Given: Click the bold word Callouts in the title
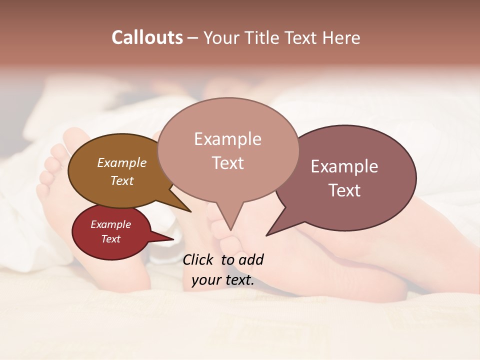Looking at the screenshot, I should pos(147,37).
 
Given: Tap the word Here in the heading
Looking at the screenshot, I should pos(339,37).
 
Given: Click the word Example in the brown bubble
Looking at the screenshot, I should pos(122,163).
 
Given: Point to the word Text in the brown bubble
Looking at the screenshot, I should pos(122,180).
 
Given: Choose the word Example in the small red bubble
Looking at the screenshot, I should pos(111,224).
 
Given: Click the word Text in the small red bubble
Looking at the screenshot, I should pos(111,239).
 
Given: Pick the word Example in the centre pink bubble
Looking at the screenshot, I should pos(227,139).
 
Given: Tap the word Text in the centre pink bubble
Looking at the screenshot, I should pos(227,163).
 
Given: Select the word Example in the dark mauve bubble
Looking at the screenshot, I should pos(344,166).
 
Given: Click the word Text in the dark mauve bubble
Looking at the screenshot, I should pos(344,190).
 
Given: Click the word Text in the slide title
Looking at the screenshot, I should pos(304,37).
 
